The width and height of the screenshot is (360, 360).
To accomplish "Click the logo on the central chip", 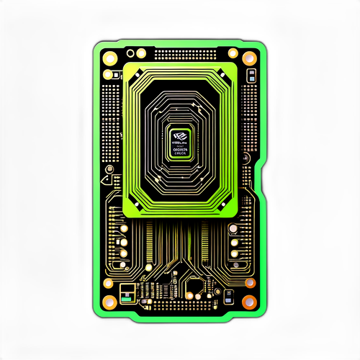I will [179, 134].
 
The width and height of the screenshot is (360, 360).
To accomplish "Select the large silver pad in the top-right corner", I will [249, 58].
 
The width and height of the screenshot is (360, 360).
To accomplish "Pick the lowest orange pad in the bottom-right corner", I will [248, 301].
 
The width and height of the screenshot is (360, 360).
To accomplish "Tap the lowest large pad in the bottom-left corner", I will [109, 302].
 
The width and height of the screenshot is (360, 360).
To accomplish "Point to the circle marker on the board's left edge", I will [109, 170].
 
